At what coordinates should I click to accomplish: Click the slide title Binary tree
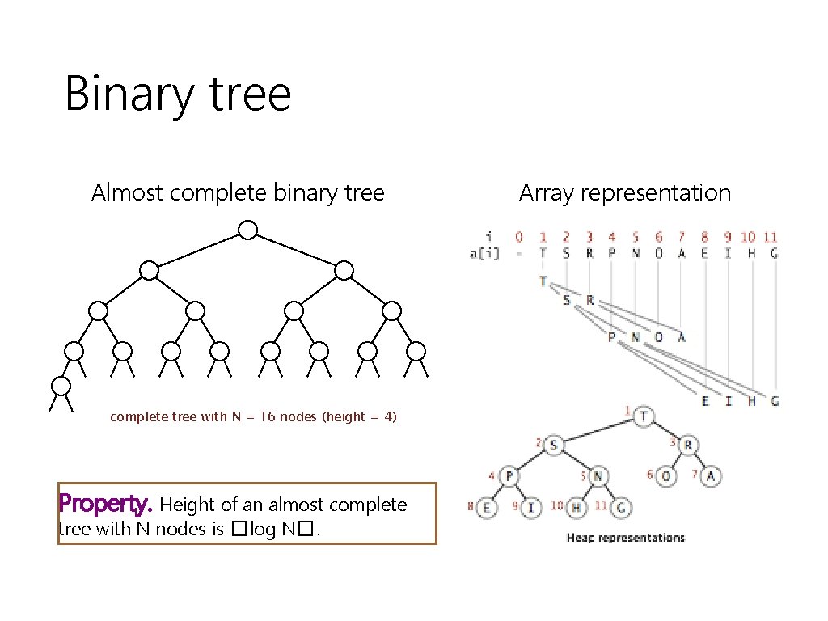coord(177,94)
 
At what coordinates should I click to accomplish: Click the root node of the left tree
coord(247,230)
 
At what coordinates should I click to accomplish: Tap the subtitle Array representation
coord(624,193)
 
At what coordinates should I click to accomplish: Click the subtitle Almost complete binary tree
coord(238,193)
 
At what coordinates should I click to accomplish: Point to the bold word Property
coord(105,505)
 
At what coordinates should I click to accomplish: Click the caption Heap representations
coord(625,538)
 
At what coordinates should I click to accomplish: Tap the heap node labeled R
coord(689,446)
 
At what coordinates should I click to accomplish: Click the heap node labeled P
coord(508,477)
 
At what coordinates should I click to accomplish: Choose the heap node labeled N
coord(598,477)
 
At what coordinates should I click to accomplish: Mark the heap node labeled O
coord(666,476)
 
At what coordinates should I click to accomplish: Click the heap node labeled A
coord(711,476)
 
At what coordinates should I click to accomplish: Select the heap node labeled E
coord(487,508)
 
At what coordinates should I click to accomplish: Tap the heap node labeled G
coord(621,508)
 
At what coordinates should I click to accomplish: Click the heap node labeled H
coord(577,508)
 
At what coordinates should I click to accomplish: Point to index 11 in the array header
coord(771,237)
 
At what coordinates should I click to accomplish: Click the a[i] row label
coord(484,253)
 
